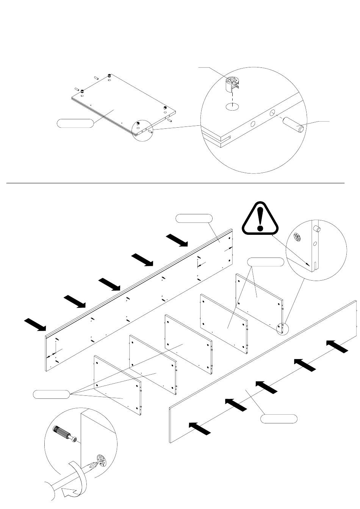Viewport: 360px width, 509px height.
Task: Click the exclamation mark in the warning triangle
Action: (x=260, y=220)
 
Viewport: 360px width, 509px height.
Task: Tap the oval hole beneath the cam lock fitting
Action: (x=232, y=107)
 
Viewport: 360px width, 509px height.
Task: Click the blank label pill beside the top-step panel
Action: (x=75, y=123)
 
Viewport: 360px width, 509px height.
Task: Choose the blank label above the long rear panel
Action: (x=194, y=219)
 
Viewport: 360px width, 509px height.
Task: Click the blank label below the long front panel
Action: (x=279, y=419)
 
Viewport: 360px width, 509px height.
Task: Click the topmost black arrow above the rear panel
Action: (x=177, y=240)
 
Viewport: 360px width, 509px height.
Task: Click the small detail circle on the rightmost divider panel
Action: (x=282, y=328)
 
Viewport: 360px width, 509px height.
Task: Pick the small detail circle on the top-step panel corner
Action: (x=141, y=131)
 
